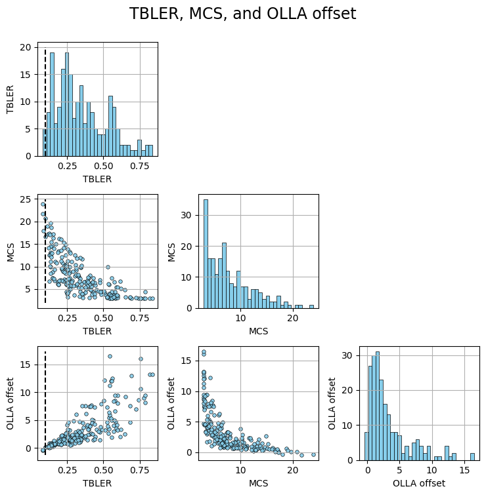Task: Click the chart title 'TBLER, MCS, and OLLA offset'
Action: coord(243,14)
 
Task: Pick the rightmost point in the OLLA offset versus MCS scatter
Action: coord(313,454)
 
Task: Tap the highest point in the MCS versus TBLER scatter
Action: coord(43,204)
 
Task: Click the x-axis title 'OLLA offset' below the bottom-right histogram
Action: coord(418,483)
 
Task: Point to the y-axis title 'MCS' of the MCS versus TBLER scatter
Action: coord(11,252)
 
